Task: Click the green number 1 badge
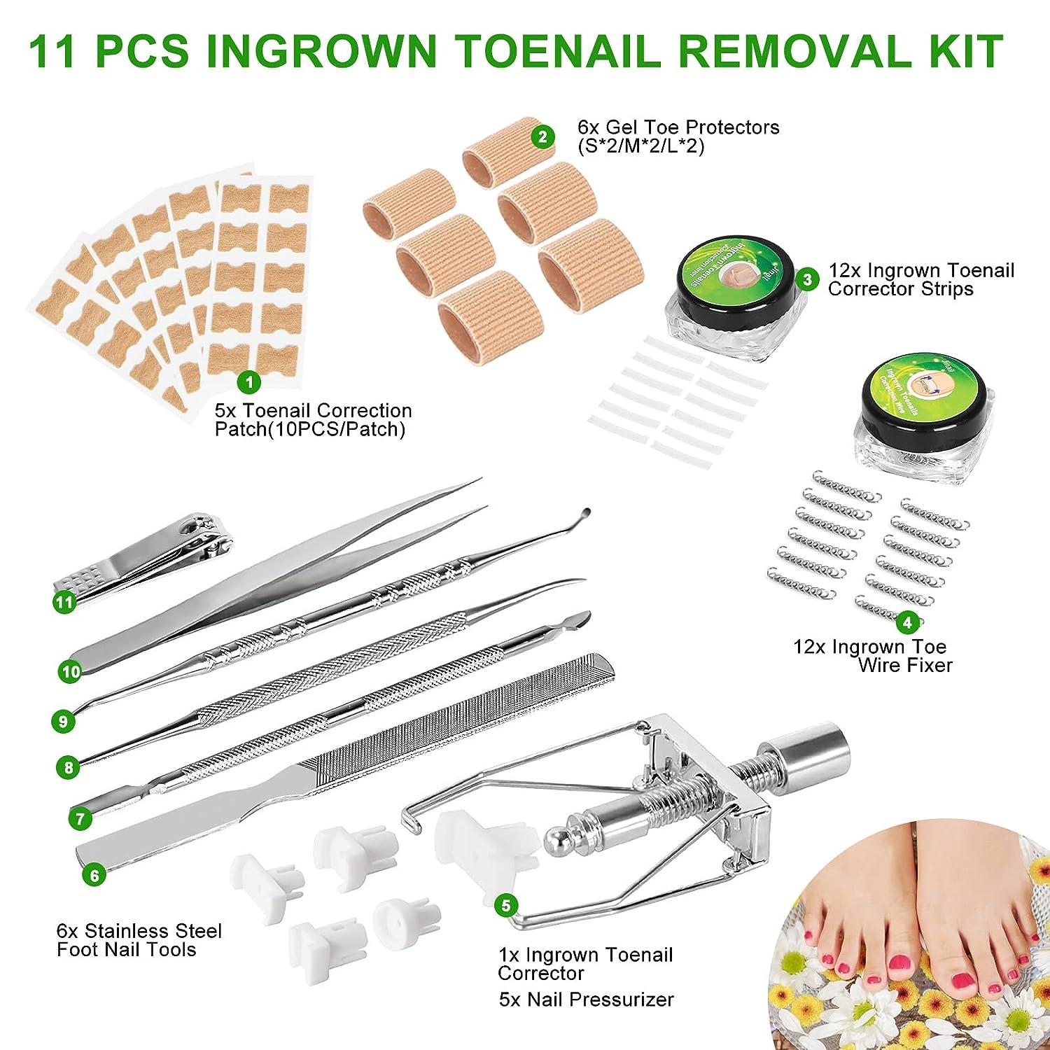coord(249,381)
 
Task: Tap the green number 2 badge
coord(542,136)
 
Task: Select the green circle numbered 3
coord(808,280)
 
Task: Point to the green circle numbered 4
coord(907,621)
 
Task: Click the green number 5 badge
coord(505,904)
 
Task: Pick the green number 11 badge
coord(65,602)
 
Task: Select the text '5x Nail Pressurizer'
coord(586,999)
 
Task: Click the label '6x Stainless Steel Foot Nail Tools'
coord(139,940)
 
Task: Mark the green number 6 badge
coord(94,875)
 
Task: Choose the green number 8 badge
coord(68,767)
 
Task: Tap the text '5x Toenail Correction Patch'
coord(313,419)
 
